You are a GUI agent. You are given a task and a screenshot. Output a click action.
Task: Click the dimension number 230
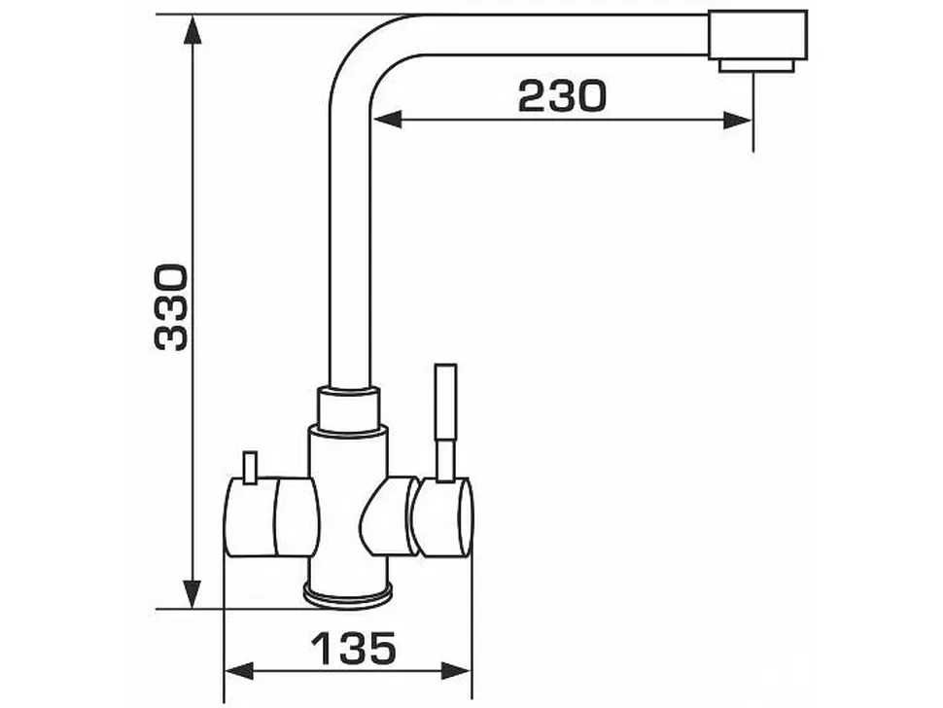(x=562, y=96)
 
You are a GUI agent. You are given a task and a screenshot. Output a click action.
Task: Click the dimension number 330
(x=171, y=306)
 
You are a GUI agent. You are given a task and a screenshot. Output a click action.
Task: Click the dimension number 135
(x=354, y=649)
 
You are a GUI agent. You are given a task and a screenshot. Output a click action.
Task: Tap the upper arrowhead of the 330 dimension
(x=192, y=30)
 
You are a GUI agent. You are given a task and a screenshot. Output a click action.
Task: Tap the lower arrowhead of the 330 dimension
(x=192, y=594)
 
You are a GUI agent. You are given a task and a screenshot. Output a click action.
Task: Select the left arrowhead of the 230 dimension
(x=387, y=119)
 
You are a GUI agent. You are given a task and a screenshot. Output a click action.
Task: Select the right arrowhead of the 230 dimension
(x=737, y=120)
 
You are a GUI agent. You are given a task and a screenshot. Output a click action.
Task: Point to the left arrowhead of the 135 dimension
(x=238, y=670)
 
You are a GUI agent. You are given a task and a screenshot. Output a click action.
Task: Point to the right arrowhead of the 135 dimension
(x=457, y=670)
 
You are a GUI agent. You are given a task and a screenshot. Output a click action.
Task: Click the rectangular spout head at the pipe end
(x=757, y=35)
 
